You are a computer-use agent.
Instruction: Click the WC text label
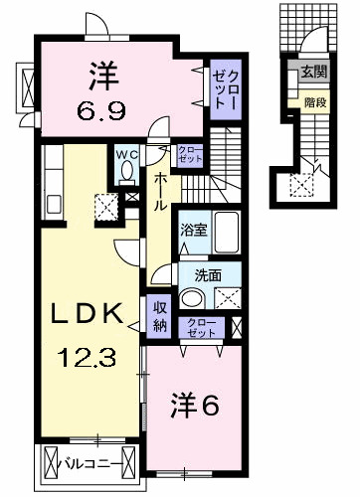click(x=126, y=155)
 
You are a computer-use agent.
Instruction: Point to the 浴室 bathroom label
click(x=191, y=230)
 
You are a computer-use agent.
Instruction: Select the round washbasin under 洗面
click(x=195, y=300)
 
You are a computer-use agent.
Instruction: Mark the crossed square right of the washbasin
click(x=227, y=297)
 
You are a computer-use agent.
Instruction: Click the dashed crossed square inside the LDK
click(x=105, y=206)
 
